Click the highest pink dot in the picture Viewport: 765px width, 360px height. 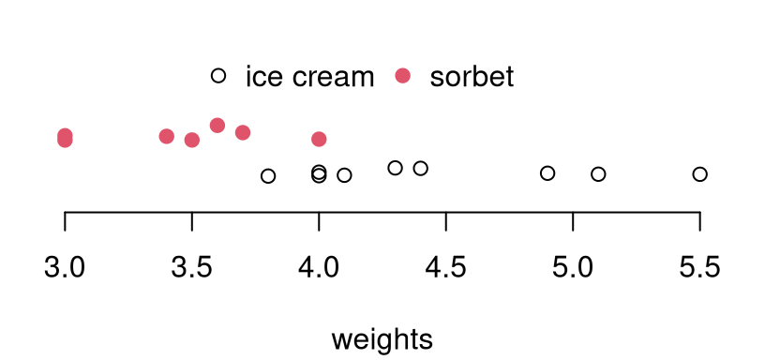(402, 75)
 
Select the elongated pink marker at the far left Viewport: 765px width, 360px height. (65, 138)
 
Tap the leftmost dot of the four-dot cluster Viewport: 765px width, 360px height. (166, 136)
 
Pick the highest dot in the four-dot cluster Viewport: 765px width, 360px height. (217, 125)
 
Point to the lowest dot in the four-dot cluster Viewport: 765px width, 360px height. (192, 140)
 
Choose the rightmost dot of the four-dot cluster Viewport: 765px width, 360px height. (243, 132)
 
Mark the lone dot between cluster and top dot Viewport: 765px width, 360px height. (319, 139)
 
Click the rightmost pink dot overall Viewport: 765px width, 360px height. (402, 75)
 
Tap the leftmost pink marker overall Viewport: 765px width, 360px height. (65, 138)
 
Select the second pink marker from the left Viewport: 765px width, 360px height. (166, 136)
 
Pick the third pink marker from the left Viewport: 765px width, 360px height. (192, 140)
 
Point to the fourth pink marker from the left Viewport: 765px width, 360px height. (217, 125)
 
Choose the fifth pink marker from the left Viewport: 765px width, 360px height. (243, 132)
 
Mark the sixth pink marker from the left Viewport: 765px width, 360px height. (319, 139)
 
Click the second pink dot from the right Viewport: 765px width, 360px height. (319, 139)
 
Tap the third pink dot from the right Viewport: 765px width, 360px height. (243, 132)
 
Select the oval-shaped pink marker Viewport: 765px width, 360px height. (65, 138)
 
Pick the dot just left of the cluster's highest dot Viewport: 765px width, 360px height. (192, 140)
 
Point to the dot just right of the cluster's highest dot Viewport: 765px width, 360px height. (243, 132)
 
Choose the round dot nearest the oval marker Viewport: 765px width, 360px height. (166, 136)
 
